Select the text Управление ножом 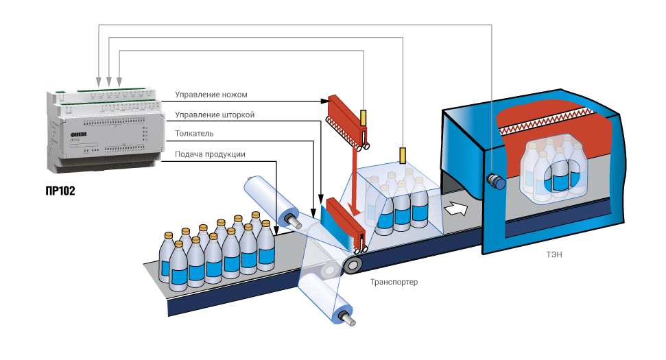(x=211, y=94)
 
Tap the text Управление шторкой (x=215, y=115)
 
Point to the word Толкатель (x=195, y=133)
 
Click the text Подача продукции (x=210, y=154)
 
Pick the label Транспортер (x=394, y=282)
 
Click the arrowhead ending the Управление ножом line (x=324, y=101)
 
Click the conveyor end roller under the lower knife (x=355, y=264)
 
